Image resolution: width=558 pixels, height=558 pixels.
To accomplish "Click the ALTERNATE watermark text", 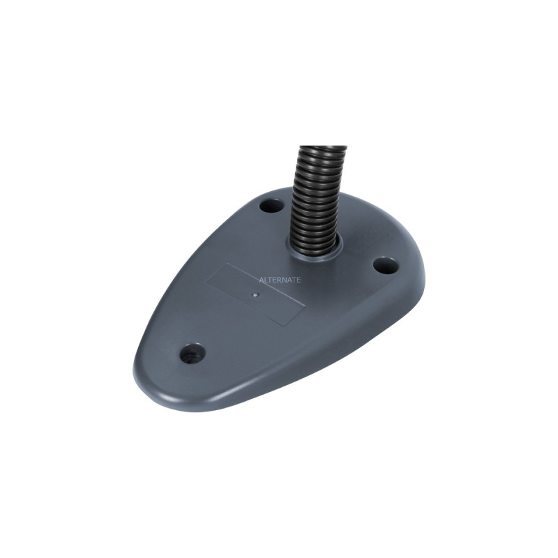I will (280, 280).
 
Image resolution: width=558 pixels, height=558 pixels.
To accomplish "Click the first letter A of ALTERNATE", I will (261, 280).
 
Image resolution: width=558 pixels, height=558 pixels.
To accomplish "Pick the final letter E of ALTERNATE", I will (299, 280).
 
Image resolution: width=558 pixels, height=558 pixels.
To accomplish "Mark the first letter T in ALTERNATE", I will (269, 280).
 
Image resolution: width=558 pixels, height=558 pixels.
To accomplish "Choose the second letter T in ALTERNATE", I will (295, 280).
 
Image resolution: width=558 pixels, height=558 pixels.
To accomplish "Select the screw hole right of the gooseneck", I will (384, 265).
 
